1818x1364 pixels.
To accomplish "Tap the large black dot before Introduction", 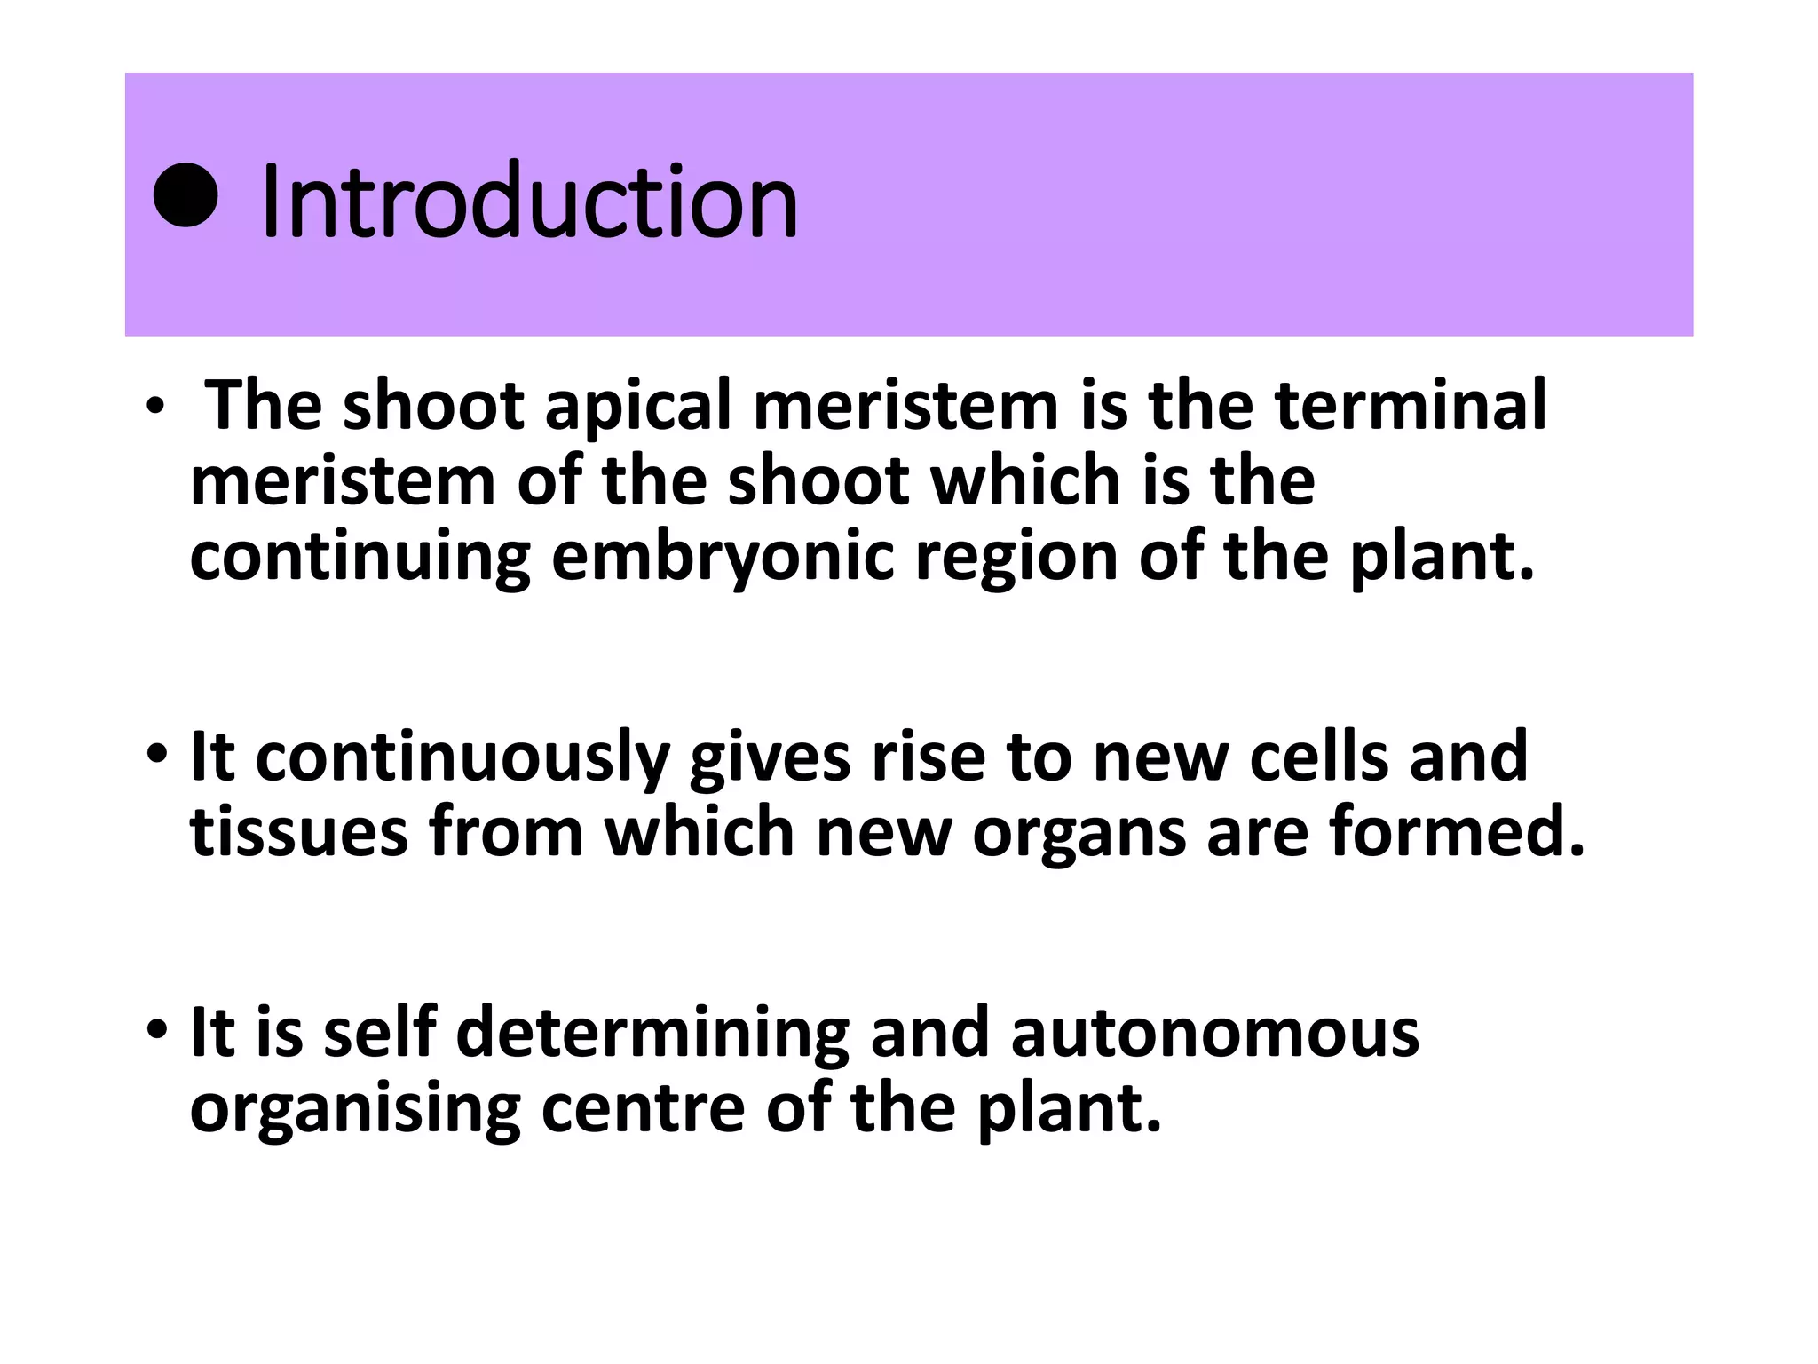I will click(186, 195).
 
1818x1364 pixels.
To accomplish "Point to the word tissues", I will click(299, 832).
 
